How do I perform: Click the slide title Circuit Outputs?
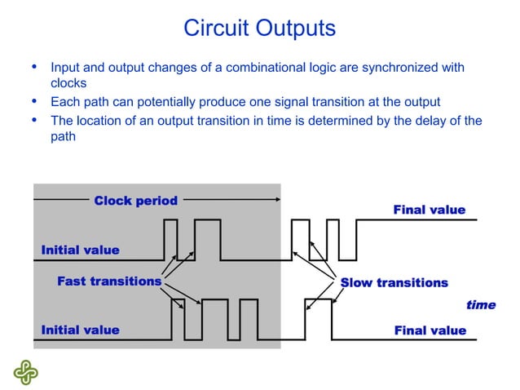(x=259, y=29)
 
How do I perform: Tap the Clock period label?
(x=135, y=201)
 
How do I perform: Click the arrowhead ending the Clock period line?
(x=278, y=199)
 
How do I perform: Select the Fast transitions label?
(x=109, y=281)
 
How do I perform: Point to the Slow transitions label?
(x=394, y=283)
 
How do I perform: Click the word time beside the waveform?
(x=480, y=305)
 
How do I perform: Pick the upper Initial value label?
(x=80, y=250)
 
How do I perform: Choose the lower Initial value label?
(x=80, y=330)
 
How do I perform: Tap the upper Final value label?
(x=430, y=211)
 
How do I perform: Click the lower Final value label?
(x=430, y=330)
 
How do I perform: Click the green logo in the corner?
(x=25, y=371)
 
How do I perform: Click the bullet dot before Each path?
(x=33, y=102)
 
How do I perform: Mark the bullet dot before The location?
(x=33, y=121)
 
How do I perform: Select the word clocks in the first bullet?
(x=68, y=83)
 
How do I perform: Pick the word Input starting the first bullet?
(x=65, y=67)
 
